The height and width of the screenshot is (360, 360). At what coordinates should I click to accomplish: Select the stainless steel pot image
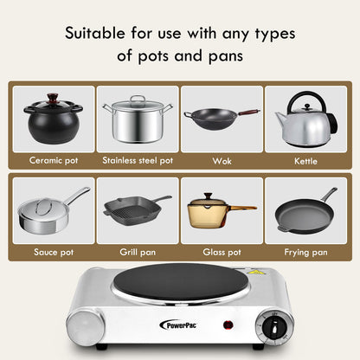click(137, 119)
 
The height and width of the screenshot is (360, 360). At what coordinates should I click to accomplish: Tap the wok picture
click(221, 118)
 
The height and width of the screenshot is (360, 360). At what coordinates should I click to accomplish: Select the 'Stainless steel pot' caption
click(138, 160)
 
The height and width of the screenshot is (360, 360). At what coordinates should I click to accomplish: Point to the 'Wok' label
click(222, 160)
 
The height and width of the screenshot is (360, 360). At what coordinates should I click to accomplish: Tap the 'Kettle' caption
click(305, 160)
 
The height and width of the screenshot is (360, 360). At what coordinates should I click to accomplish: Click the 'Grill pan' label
click(138, 252)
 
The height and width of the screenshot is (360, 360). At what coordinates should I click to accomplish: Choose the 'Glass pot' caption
click(222, 252)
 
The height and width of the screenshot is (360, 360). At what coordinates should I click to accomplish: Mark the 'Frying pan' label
click(305, 252)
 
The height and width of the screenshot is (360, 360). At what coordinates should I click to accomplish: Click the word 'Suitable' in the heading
click(101, 35)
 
